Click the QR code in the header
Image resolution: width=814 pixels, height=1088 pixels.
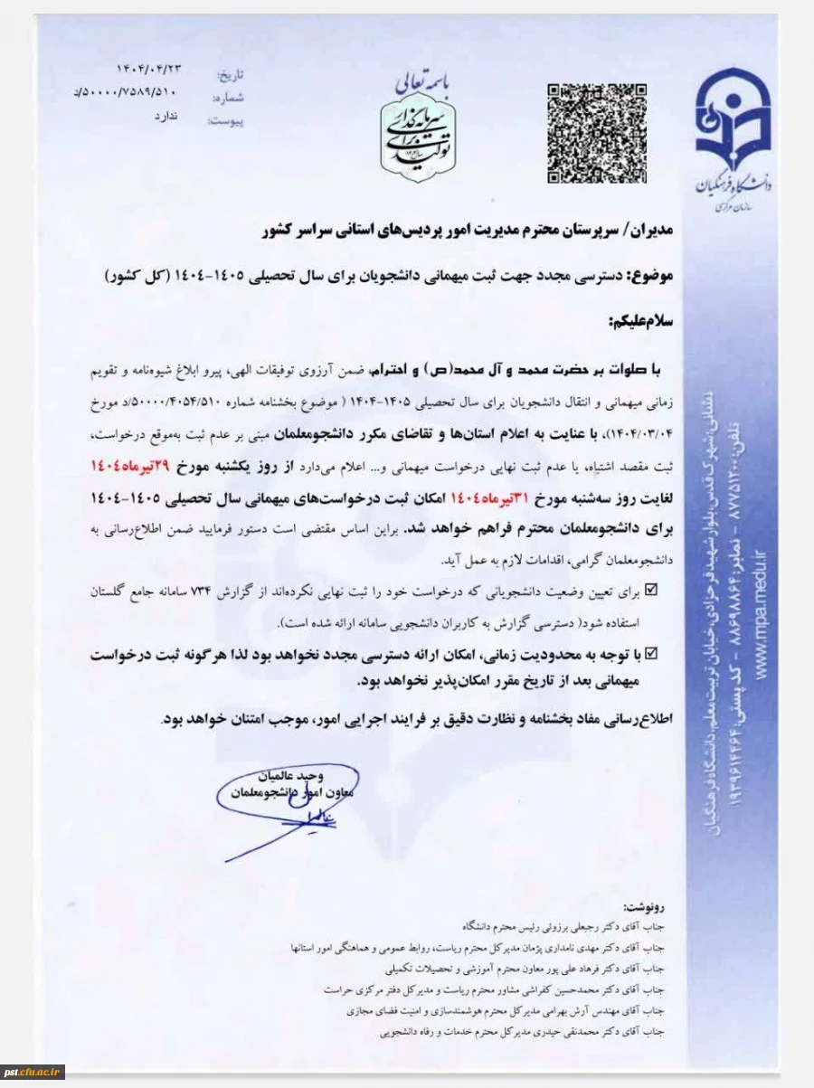(596, 132)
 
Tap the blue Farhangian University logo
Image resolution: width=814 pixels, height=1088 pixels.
(733, 136)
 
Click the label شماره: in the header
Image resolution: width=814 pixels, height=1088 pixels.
(230, 97)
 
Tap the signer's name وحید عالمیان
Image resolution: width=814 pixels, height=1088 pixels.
(289, 775)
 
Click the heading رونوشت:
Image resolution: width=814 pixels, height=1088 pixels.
(650, 905)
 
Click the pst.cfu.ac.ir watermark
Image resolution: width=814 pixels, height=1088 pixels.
(33, 1071)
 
